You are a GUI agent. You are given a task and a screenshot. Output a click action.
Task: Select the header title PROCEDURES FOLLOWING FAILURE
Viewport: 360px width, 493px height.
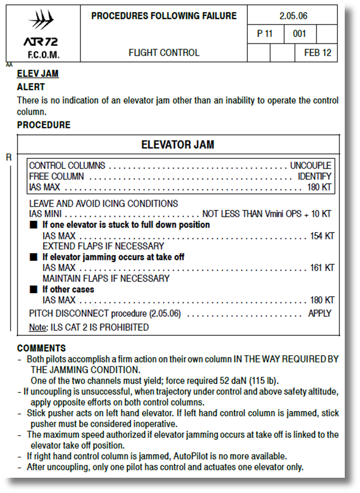click(x=164, y=16)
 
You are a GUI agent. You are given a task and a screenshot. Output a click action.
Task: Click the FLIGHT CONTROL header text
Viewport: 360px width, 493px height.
click(x=164, y=53)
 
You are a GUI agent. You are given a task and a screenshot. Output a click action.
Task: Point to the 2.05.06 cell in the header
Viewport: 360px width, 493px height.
click(x=293, y=16)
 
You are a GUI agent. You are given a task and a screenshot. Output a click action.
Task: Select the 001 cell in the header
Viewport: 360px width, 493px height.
click(x=299, y=34)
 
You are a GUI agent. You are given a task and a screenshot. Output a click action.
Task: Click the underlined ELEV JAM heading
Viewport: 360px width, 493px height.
click(x=38, y=74)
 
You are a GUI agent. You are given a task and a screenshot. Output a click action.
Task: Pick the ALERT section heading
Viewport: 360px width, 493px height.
click(x=31, y=87)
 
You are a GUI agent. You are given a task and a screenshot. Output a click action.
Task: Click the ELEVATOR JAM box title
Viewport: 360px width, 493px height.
click(x=178, y=145)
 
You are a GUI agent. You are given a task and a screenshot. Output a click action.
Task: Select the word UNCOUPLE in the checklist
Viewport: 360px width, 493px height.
click(x=311, y=166)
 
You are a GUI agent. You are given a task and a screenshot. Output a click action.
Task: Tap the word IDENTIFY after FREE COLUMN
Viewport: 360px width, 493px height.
click(x=314, y=176)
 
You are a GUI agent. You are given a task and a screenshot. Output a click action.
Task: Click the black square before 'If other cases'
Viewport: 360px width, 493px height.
click(x=33, y=289)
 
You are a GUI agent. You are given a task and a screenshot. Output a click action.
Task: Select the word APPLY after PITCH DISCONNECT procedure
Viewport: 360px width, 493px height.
click(x=319, y=313)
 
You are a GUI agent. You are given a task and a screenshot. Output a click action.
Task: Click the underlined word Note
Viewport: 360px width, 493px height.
click(x=37, y=327)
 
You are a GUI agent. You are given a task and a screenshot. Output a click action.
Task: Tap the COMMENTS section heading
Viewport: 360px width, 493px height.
click(x=42, y=348)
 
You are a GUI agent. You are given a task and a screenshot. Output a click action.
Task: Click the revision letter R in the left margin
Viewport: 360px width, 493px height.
click(x=9, y=157)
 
